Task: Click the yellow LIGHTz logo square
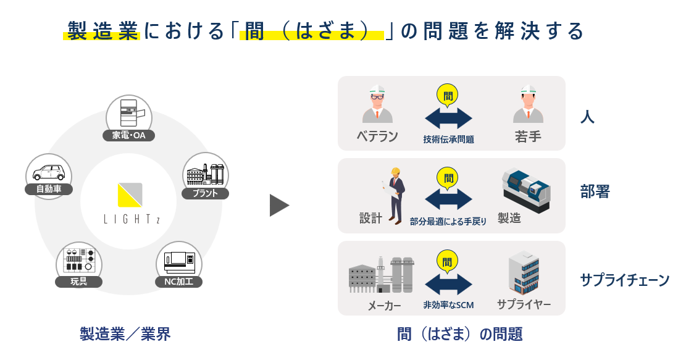tap(130, 195)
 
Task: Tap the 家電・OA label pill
tap(128, 135)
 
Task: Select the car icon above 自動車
tap(49, 171)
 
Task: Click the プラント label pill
tap(206, 193)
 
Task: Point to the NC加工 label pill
tap(178, 282)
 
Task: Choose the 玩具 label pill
tap(78, 282)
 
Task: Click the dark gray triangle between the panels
tap(278, 205)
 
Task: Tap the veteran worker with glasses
tap(377, 104)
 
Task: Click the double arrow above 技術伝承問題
tap(448, 118)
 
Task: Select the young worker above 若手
tap(528, 104)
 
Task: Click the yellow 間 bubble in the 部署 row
tap(448, 178)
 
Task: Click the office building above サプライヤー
tap(524, 273)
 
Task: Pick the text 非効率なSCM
tap(448, 306)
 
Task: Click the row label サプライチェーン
tap(624, 280)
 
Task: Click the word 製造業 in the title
tap(102, 31)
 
